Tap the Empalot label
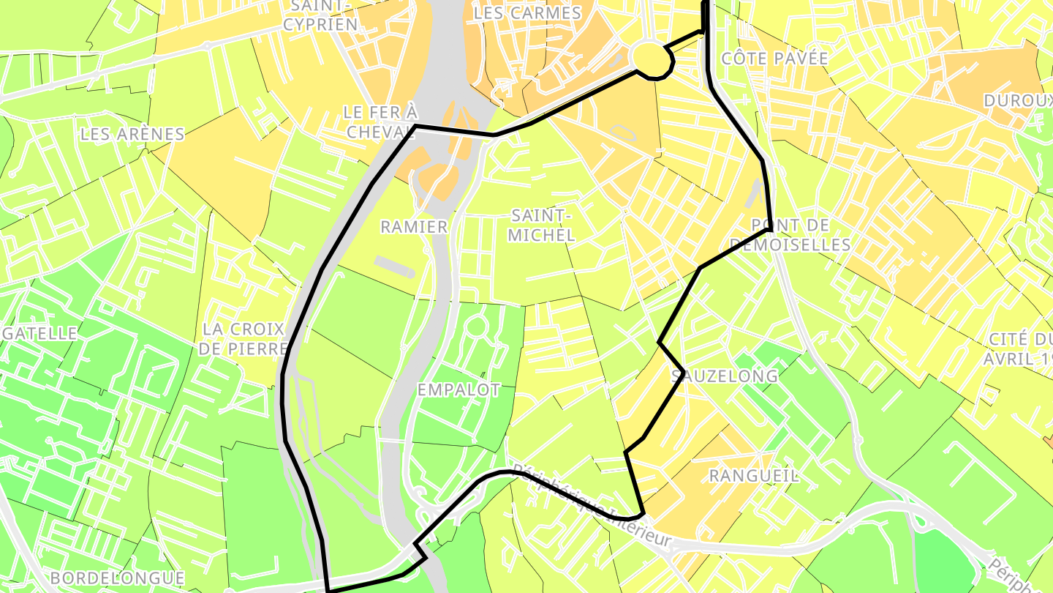pos(459,389)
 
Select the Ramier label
pos(414,227)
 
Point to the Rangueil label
pos(754,476)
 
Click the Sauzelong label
pos(725,376)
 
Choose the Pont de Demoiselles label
pos(790,235)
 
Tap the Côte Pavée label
pos(774,59)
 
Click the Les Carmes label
pos(527,13)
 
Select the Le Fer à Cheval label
pos(380,122)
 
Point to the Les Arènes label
pos(132,134)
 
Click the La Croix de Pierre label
pos(242,338)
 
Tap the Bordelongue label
pos(117,578)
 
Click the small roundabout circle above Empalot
pos(476,327)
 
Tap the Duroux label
pos(1016,100)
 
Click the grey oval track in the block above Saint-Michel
pos(623,133)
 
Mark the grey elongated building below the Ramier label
pos(395,265)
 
